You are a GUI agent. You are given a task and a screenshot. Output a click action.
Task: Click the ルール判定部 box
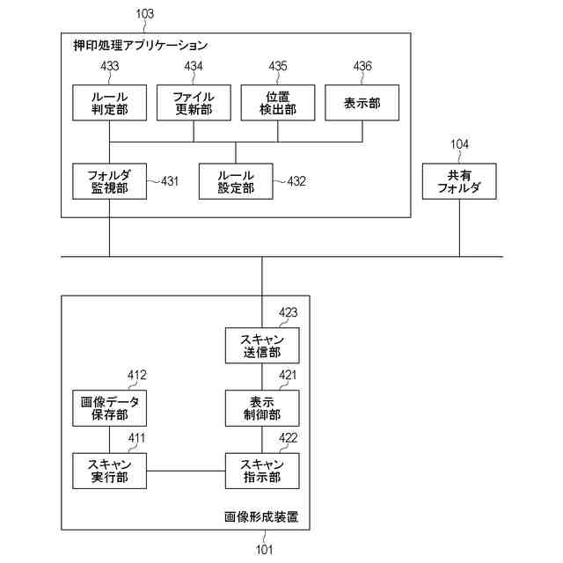coord(109,103)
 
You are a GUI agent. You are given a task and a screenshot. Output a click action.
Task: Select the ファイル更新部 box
coord(193,103)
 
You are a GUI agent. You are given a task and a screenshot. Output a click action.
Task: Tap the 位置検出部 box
coord(277,103)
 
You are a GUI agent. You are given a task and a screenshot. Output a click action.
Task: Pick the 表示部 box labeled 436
coord(362,103)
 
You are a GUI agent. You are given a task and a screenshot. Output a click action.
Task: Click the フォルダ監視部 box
coord(109,181)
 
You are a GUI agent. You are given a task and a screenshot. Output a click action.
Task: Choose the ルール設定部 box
coord(236,181)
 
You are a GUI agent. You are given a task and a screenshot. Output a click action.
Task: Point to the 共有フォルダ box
coord(459,181)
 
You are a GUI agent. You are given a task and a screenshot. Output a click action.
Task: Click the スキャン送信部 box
coord(262,346)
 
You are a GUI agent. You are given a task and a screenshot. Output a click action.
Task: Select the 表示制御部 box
coord(262,408)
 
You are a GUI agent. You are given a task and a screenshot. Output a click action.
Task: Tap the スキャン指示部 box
coord(262,471)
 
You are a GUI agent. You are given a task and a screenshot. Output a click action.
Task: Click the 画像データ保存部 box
coord(109,408)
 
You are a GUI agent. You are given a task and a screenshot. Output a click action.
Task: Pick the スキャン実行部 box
coord(109,471)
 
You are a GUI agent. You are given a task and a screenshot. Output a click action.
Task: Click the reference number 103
coord(144,13)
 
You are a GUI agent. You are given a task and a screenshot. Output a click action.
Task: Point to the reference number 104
coord(459,144)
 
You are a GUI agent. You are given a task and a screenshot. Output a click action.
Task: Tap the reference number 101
coord(264,551)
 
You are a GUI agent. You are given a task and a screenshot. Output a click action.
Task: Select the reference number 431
coord(169,181)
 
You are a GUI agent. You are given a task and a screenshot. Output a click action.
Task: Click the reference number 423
coord(288,311)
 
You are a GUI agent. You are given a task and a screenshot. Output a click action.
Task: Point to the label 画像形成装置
coord(261,516)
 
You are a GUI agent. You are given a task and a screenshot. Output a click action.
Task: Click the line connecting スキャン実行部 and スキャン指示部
coord(186,471)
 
